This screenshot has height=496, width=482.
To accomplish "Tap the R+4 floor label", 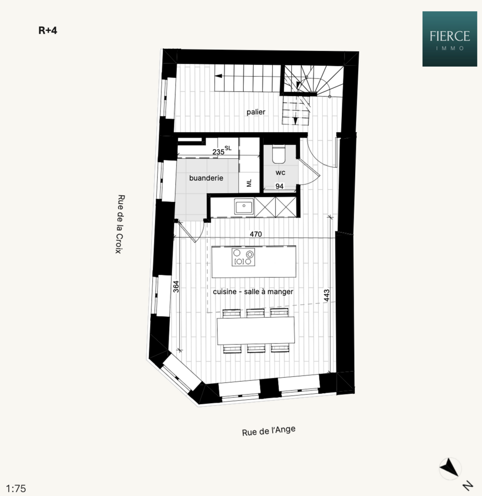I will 48,31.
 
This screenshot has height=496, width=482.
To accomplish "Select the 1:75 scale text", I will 16,488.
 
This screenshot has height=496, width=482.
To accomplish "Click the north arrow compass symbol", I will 450,468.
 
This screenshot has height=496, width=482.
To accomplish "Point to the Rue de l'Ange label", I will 268,431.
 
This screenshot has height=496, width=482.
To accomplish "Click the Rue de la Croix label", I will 120,224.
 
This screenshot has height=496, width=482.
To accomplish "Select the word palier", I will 256,112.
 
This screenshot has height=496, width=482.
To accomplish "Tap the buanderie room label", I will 206,178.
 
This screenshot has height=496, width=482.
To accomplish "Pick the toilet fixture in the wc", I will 279,155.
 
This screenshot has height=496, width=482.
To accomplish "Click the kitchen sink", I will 244,207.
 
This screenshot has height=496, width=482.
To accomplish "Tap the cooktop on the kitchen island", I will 243,257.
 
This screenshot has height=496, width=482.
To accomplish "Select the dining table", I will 256,331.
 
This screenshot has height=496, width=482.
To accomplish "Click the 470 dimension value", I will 256,234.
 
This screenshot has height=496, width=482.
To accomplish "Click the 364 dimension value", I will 176,286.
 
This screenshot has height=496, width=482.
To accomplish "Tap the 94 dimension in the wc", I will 279,186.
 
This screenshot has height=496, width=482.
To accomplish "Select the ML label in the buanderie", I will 249,183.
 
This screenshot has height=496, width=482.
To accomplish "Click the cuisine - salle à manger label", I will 253,292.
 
